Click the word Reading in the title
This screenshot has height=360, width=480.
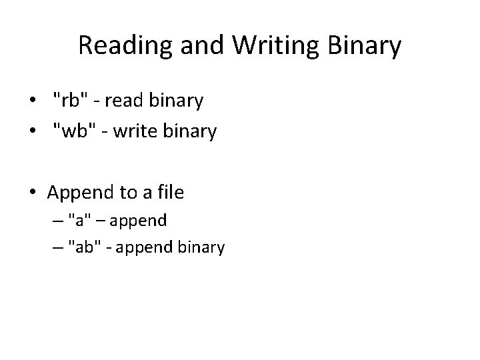point(120,45)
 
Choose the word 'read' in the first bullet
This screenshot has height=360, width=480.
point(123,101)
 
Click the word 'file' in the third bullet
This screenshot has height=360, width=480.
point(168,193)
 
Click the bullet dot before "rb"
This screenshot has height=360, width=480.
point(33,101)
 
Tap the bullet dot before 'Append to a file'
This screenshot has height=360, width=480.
point(33,193)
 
